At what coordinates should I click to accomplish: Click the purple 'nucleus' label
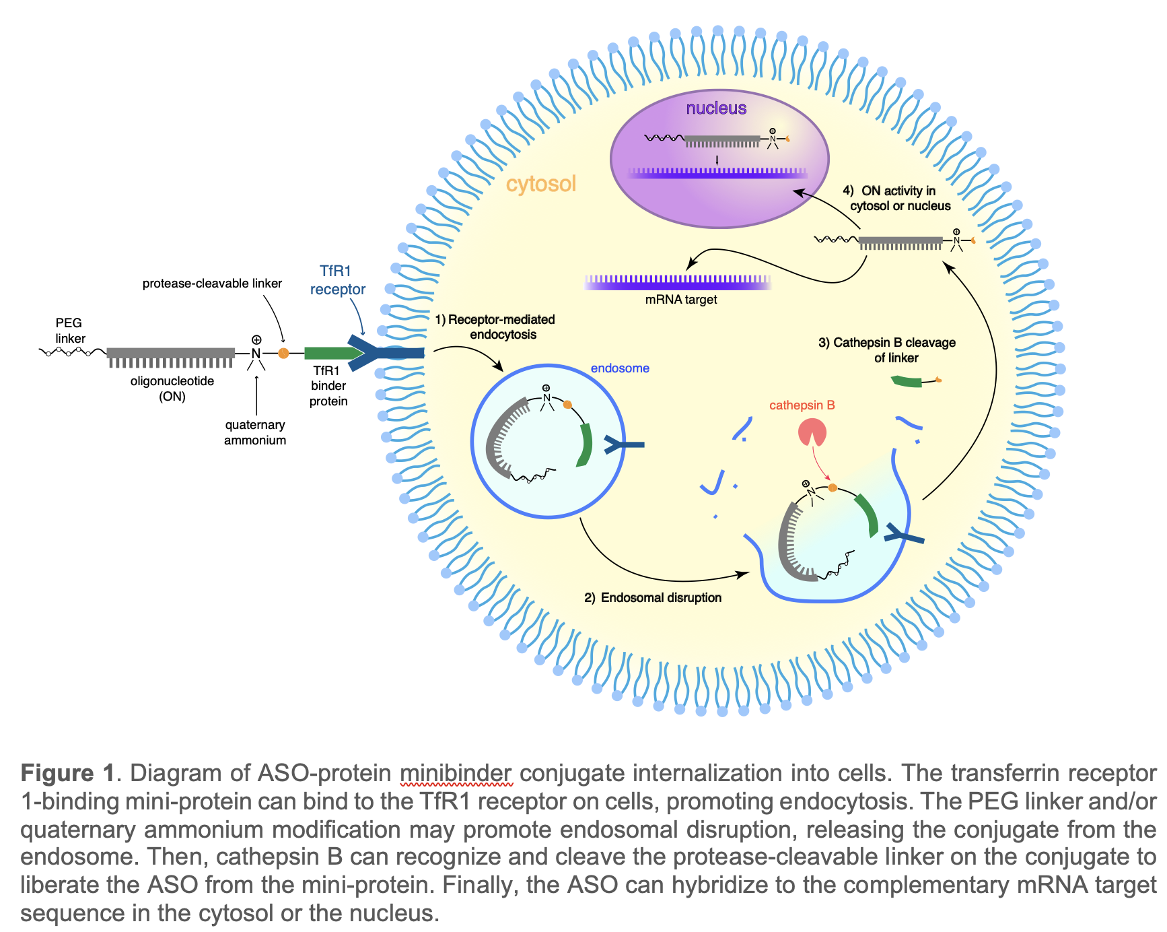716,108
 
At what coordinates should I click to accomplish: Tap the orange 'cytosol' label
541,184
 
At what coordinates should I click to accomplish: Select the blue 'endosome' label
620,368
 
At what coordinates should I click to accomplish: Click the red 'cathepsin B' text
802,405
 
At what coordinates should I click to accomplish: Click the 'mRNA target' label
680,300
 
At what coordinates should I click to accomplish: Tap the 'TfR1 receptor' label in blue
337,280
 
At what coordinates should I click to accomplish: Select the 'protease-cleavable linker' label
212,284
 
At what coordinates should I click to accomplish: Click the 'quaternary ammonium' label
255,432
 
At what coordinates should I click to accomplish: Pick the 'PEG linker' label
69,331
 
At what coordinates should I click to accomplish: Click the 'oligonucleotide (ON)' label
172,389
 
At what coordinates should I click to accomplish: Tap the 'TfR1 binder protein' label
328,386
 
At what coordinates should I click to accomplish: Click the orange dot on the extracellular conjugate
283,353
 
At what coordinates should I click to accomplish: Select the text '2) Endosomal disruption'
653,597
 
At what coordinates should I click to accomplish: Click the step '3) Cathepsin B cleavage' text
886,343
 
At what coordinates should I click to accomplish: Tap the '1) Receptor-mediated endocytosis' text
495,327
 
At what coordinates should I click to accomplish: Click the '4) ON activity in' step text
889,191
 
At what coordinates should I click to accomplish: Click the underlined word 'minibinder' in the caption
456,773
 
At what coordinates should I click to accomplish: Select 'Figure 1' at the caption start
67,773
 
